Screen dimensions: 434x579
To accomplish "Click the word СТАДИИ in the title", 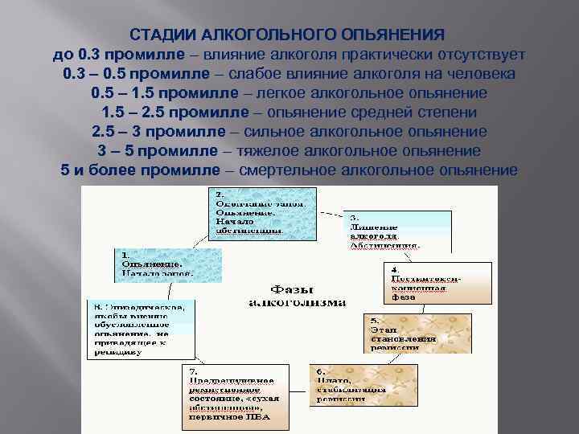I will (x=159, y=35).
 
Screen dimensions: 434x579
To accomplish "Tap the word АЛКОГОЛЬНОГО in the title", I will (x=256, y=35).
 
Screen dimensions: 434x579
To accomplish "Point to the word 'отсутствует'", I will (x=479, y=55).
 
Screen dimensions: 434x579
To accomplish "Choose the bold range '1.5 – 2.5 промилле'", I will (x=166, y=113).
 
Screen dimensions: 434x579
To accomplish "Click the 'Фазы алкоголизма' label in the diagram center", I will (x=297, y=295).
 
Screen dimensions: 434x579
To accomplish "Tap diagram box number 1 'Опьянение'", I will (x=154, y=262).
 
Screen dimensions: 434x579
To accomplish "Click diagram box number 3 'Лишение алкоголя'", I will (x=384, y=229).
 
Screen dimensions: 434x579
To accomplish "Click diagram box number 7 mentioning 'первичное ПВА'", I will (x=232, y=393).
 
